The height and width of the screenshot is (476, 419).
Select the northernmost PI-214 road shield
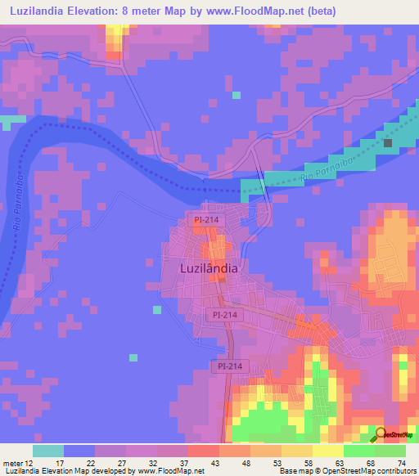pyautogui.click(x=205, y=220)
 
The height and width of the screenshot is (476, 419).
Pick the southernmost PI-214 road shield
pyautogui.click(x=229, y=367)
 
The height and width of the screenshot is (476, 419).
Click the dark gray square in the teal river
pyautogui.click(x=388, y=143)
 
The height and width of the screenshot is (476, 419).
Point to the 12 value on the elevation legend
pyautogui.click(x=29, y=463)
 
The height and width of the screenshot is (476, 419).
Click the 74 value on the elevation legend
pyautogui.click(x=400, y=463)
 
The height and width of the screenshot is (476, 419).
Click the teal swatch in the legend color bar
pyautogui.click(x=48, y=451)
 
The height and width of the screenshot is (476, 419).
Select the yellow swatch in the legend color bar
pyautogui.click(x=327, y=451)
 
